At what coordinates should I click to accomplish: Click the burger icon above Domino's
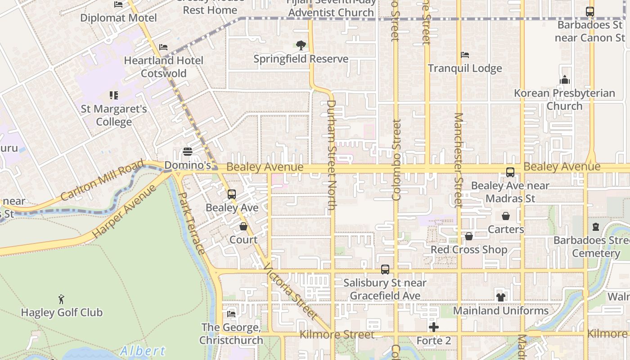(x=188, y=152)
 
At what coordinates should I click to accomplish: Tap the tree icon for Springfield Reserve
(x=301, y=45)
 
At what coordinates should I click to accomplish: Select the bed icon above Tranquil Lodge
(x=465, y=55)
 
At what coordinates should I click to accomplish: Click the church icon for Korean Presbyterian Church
(x=565, y=80)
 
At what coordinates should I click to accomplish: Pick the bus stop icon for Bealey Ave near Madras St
(x=510, y=172)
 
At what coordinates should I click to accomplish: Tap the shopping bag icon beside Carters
(x=506, y=216)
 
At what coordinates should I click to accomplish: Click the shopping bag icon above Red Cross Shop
(x=469, y=236)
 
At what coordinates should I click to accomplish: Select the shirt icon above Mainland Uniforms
(x=500, y=297)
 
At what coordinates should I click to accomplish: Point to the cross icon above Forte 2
(x=434, y=327)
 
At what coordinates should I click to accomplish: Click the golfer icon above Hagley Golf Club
(x=62, y=299)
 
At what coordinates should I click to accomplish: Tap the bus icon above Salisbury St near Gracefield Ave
(x=385, y=270)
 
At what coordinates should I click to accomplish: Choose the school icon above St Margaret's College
(x=114, y=95)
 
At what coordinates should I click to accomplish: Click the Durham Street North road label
(x=332, y=155)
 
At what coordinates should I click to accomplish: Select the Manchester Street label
(x=458, y=160)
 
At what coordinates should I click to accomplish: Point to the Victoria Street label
(x=290, y=291)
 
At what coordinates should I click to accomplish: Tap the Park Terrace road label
(x=192, y=223)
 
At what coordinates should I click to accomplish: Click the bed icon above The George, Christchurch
(x=231, y=314)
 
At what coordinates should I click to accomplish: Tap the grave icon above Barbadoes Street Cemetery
(x=596, y=227)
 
